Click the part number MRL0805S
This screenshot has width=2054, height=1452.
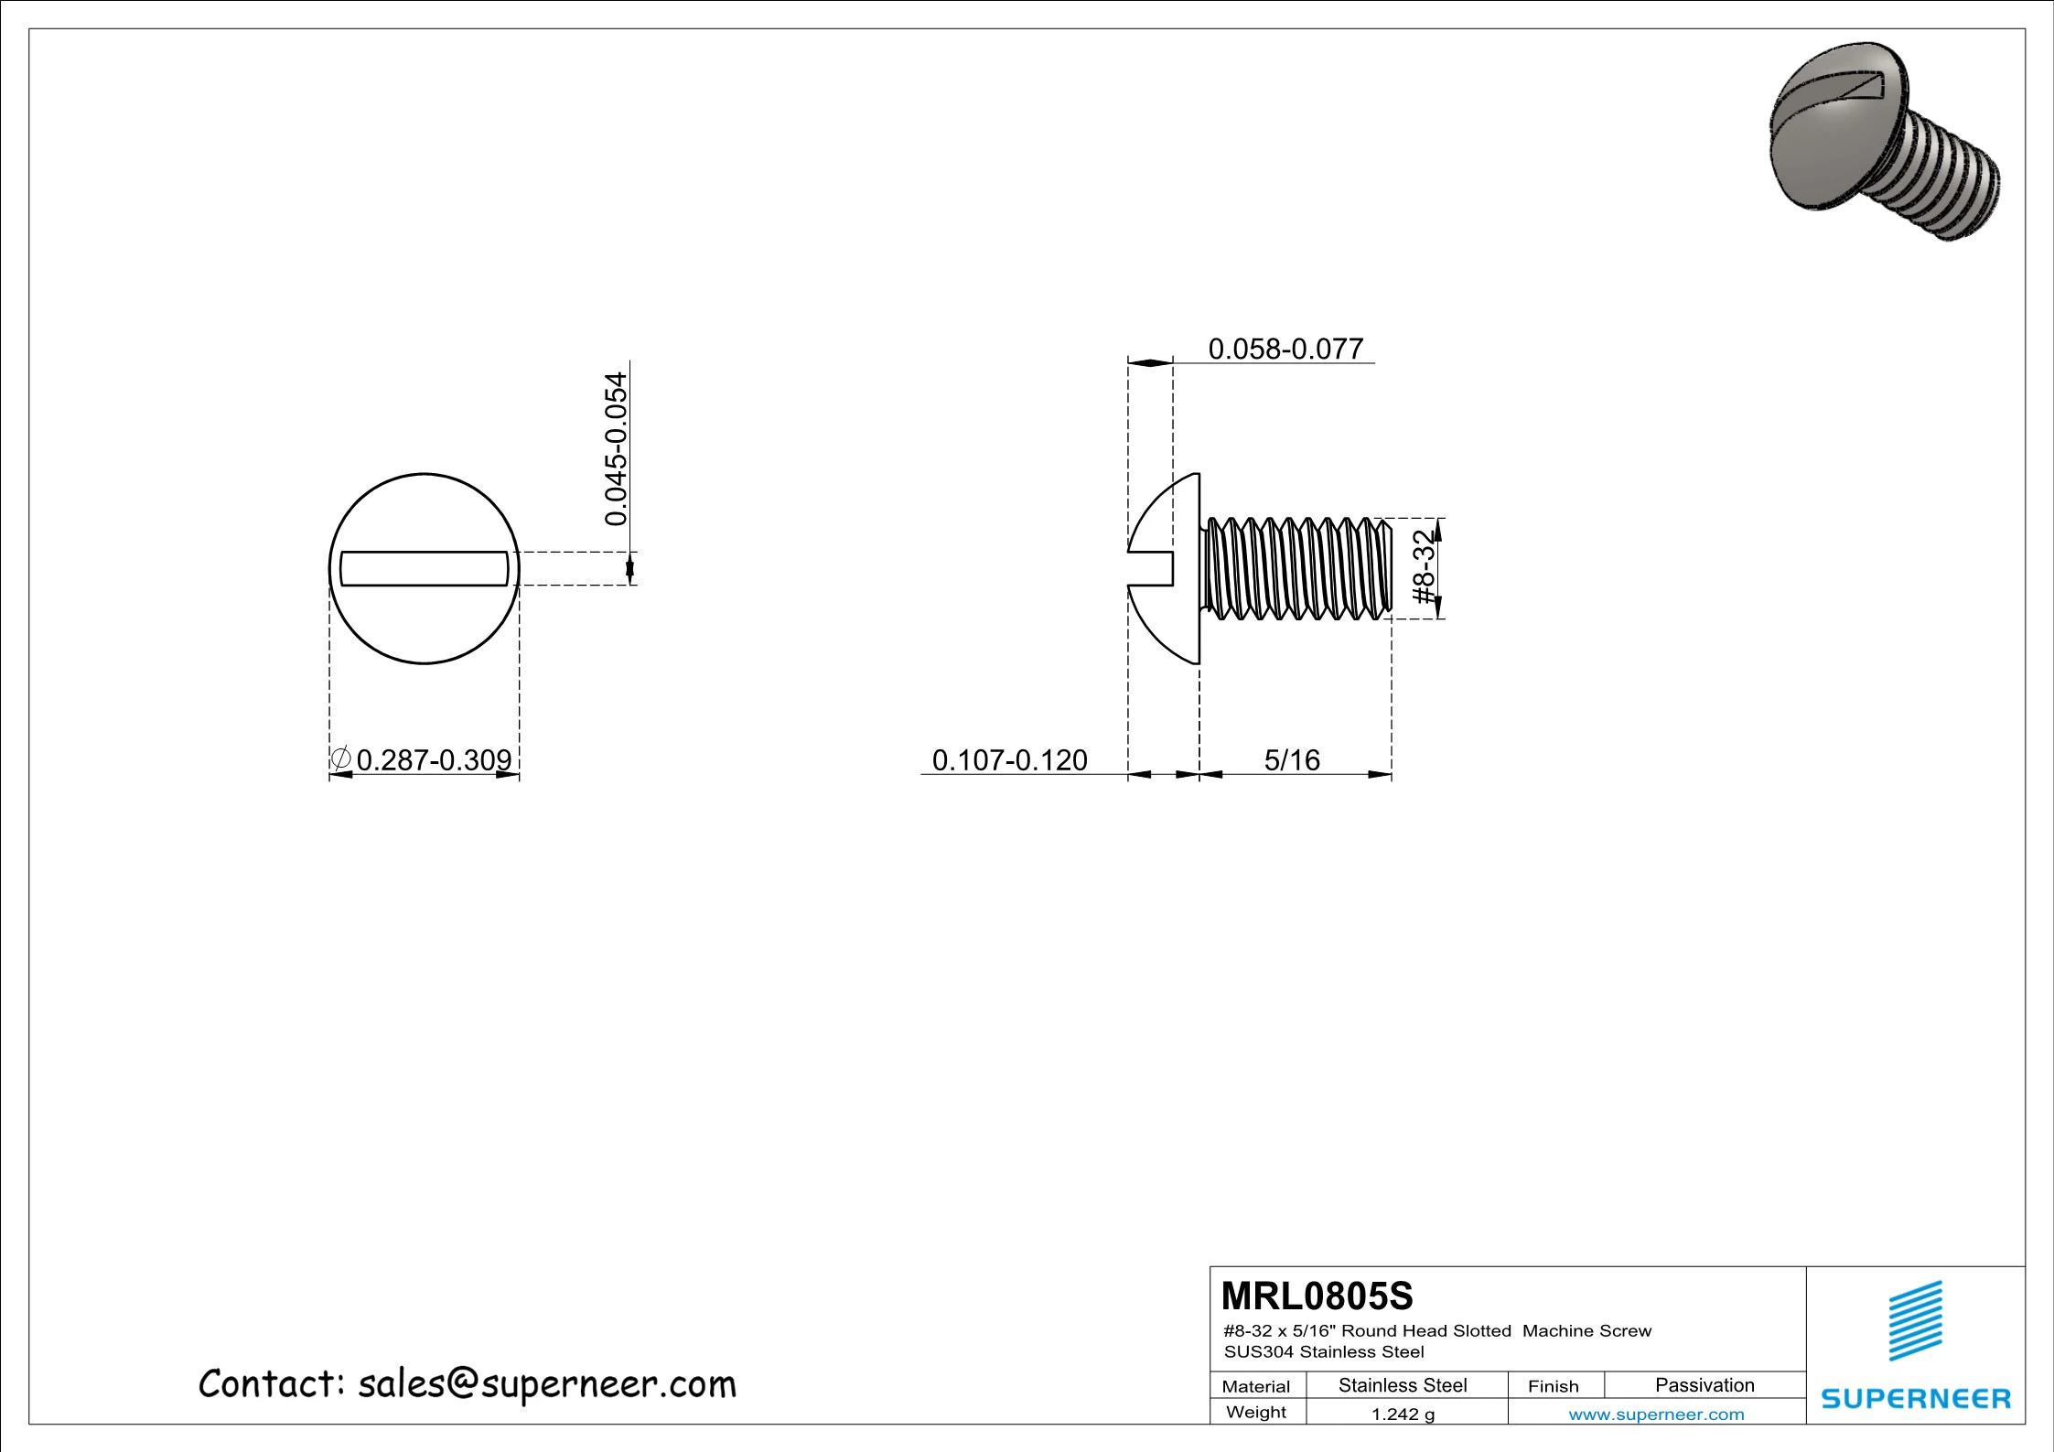1317,1296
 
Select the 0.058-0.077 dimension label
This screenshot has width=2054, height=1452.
1285,350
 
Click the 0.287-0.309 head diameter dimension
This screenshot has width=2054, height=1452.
434,760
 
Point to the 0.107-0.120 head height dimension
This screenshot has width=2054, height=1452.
1009,760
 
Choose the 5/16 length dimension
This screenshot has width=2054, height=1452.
1291,760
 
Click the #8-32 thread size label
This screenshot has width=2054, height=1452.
1424,567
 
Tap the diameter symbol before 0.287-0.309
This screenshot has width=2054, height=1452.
340,758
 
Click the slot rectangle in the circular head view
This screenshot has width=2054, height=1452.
424,568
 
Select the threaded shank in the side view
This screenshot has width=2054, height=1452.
1295,567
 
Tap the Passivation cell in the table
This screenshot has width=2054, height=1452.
1704,1385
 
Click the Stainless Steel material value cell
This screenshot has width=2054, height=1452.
1402,1385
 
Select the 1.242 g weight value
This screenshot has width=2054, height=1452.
1402,1414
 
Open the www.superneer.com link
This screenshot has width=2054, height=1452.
1656,1414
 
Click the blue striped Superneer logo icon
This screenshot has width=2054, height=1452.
1915,1320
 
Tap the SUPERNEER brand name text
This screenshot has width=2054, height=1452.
1915,1399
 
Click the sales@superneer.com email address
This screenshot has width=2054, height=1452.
546,1385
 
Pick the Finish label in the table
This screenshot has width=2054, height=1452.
1553,1386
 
